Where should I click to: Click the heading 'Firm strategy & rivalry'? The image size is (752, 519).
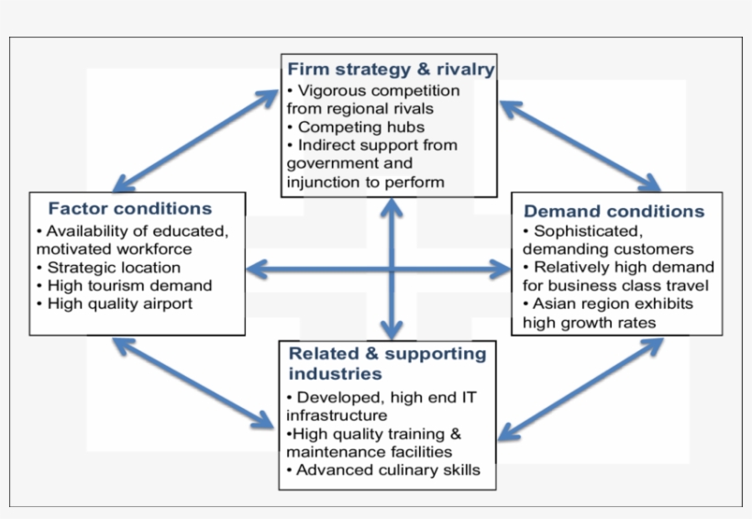click(x=391, y=69)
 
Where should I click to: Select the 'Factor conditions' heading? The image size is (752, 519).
click(x=130, y=208)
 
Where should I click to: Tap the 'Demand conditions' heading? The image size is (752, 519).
click(x=614, y=211)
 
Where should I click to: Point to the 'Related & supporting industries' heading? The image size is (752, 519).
click(x=387, y=363)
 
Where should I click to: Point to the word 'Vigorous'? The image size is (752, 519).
click(x=331, y=91)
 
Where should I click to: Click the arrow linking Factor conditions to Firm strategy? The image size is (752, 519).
click(x=196, y=138)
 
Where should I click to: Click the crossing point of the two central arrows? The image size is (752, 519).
click(x=393, y=269)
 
